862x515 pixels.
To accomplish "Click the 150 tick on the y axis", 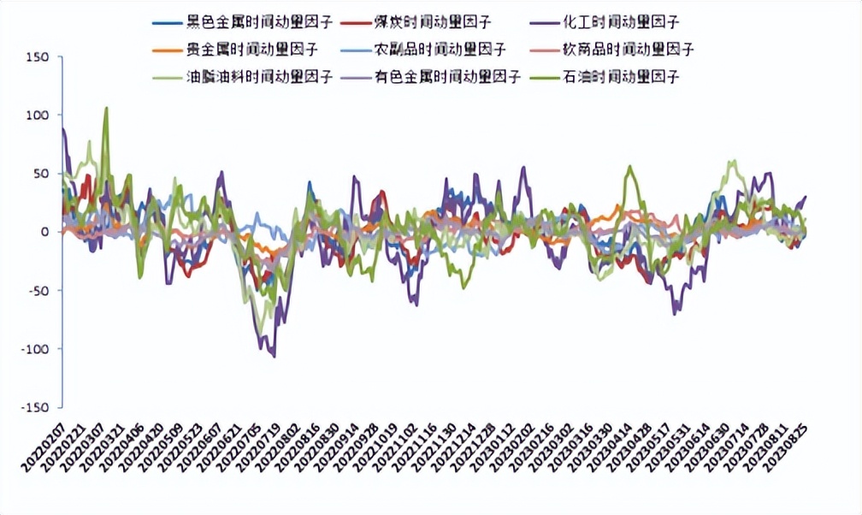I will coord(39,56).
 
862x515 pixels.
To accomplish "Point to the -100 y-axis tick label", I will coord(36,349).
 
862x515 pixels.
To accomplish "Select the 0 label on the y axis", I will coord(47,232).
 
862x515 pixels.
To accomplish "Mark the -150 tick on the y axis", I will coord(36,407).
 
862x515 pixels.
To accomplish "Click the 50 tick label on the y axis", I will coord(43,174).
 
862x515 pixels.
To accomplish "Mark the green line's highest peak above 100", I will coord(106,108).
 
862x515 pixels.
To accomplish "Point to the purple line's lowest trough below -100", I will coord(274,356).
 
